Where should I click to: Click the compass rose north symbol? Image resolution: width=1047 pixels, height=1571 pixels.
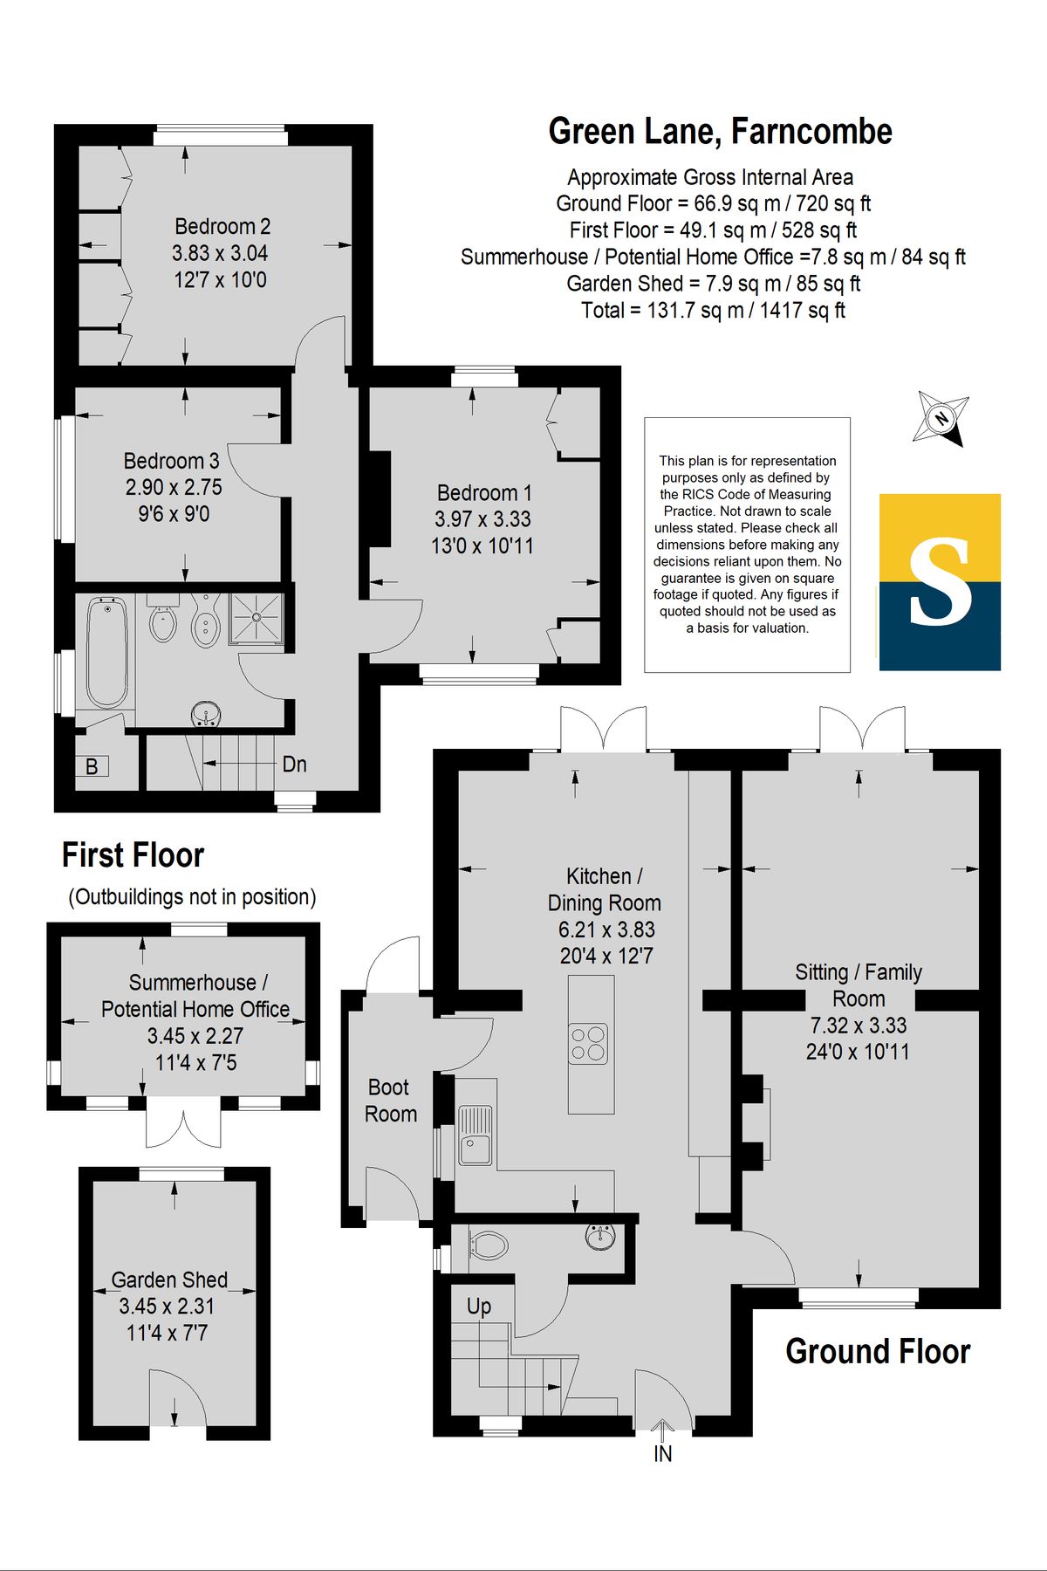941,418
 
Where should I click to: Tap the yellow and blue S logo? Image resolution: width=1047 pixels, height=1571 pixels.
940,582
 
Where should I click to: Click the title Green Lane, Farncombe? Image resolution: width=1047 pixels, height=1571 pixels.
720,132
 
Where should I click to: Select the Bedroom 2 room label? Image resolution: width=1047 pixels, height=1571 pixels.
222,227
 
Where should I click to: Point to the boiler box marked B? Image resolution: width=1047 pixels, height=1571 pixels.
92,766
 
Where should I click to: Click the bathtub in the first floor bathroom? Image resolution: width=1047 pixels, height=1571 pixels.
107,651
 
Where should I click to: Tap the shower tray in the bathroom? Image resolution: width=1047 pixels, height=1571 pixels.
257,618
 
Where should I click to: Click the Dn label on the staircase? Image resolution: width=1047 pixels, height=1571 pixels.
294,765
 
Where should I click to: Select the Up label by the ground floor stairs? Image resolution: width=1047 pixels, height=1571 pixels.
478,1307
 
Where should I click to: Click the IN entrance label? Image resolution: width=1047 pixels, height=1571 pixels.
662,1454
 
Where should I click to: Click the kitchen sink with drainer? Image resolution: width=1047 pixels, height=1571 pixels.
476,1135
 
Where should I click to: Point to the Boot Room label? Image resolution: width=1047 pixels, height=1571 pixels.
390,1101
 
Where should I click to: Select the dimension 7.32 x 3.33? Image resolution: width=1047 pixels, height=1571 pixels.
859,1026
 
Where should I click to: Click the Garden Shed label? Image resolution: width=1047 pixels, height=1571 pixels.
169,1280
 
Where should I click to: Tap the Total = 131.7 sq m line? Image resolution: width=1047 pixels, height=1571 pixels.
713,311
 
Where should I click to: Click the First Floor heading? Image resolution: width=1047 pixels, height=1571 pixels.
133,855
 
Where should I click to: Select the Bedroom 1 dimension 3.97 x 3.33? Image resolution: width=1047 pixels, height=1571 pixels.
482,519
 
